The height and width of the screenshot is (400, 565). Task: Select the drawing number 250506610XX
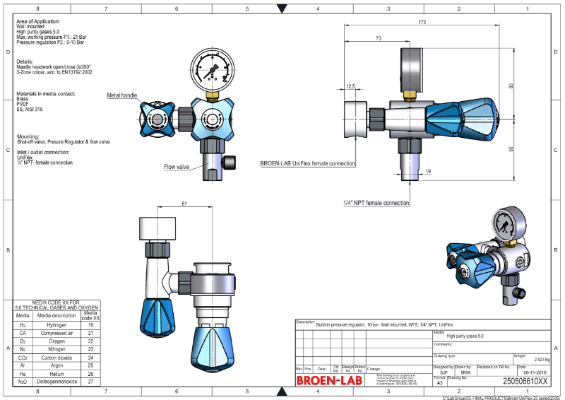[x=525, y=381]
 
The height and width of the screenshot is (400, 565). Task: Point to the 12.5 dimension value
[x=351, y=86]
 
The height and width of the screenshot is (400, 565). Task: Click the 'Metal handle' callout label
[x=122, y=94]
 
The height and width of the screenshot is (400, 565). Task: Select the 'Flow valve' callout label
[x=177, y=167]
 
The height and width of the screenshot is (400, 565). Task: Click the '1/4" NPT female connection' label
[x=376, y=203]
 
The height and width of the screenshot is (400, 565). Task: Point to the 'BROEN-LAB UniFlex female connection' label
[x=307, y=163]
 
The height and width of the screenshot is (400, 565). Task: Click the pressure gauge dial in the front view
[x=210, y=71]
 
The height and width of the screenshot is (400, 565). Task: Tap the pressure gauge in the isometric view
[x=506, y=223]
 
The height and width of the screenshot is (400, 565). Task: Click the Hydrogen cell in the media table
[x=56, y=326]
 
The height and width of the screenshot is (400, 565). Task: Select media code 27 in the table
[x=90, y=381]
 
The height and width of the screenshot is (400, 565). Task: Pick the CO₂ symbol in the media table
[x=23, y=358]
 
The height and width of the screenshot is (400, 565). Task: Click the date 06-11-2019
[x=531, y=372]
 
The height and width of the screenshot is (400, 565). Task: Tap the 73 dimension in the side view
[x=379, y=37]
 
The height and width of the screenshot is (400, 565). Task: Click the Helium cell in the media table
[x=56, y=373]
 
